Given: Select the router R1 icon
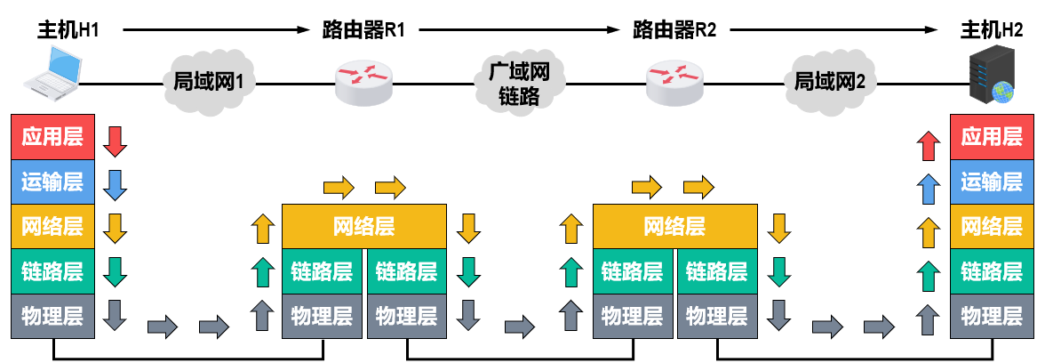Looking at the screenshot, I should pos(363,81).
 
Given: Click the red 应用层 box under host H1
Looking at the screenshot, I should pos(52,137).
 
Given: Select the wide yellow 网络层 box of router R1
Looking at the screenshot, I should pos(363,226).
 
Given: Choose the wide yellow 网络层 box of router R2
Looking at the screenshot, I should pos(674,226).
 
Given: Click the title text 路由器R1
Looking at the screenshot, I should pos(363,30).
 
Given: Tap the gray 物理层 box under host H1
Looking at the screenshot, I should pos(52,315).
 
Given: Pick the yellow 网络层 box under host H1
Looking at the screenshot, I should pos(52,226).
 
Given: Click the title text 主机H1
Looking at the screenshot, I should pos(67,30).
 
